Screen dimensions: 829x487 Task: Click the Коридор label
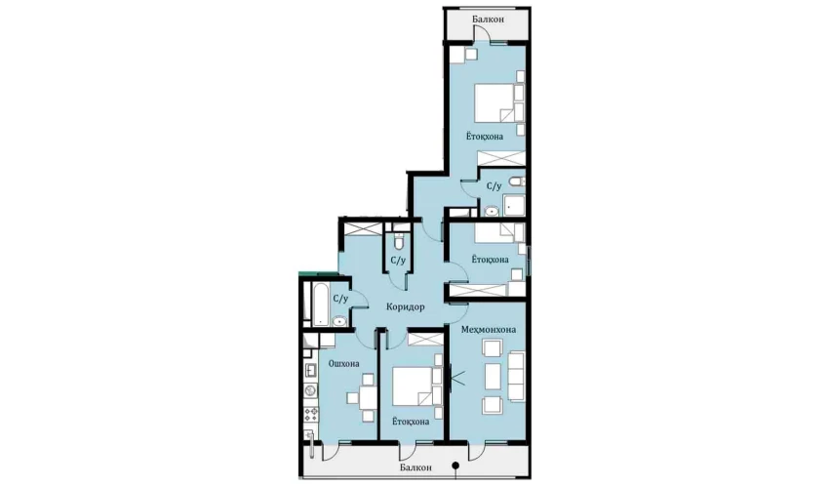[x=405, y=306]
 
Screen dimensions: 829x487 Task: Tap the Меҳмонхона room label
[x=489, y=330]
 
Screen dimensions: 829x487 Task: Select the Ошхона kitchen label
[x=343, y=364]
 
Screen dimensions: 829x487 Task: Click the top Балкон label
[x=488, y=20]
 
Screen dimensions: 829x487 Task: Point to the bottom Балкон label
[x=415, y=467]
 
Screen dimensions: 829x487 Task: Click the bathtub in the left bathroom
[x=321, y=304]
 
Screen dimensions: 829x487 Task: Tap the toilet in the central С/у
[x=399, y=242]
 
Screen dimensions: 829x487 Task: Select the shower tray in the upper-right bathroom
[x=514, y=205]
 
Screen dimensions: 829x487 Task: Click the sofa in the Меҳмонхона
[x=516, y=377]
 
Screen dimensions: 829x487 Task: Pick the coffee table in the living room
[x=493, y=377]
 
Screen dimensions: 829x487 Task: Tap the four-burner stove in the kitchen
[x=310, y=414]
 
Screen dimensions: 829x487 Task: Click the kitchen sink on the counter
[x=310, y=370]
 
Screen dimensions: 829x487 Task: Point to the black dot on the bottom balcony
[x=455, y=466]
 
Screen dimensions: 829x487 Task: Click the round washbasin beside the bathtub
[x=338, y=320]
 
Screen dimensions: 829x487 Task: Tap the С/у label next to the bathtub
[x=341, y=299]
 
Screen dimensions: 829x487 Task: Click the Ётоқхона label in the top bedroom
[x=485, y=137]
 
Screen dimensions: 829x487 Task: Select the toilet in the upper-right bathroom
[x=517, y=183]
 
